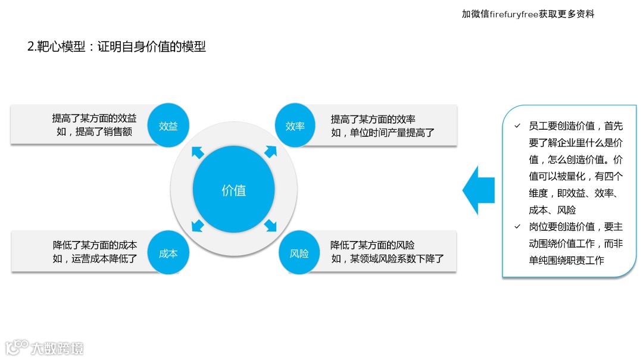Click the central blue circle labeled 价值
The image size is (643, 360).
[233, 190]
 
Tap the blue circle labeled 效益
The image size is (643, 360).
[168, 126]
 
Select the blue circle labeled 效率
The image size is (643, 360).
[295, 126]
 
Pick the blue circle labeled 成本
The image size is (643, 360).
[168, 253]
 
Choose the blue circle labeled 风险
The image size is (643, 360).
[299, 253]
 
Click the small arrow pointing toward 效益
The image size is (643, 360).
[198, 152]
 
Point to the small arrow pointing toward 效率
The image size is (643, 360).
[270, 152]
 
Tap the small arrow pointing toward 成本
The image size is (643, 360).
[198, 226]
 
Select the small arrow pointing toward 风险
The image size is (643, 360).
[271, 226]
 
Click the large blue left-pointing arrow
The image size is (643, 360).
[479, 190]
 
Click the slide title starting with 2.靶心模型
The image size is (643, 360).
[117, 46]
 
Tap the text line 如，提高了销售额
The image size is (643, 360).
[95, 132]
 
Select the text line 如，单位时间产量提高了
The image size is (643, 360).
[383, 132]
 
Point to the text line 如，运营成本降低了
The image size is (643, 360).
[95, 258]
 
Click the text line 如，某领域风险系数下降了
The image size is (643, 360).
[388, 258]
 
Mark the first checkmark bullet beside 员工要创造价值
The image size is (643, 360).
[517, 126]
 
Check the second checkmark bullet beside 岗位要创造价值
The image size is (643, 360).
[517, 227]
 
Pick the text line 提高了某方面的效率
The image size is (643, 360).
[373, 119]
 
